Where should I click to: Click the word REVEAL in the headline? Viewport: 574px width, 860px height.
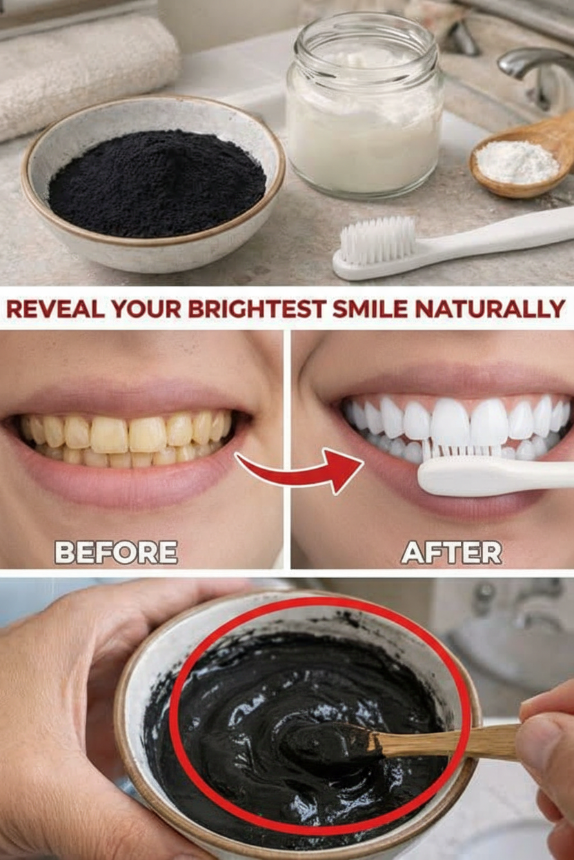pyautogui.click(x=55, y=308)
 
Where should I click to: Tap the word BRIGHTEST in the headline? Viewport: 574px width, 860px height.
pyautogui.click(x=257, y=308)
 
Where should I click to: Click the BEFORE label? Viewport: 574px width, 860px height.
pyautogui.click(x=116, y=553)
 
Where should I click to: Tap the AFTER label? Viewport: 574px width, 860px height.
pyautogui.click(x=451, y=553)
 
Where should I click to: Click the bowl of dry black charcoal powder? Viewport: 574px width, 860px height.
pyautogui.click(x=153, y=183)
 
